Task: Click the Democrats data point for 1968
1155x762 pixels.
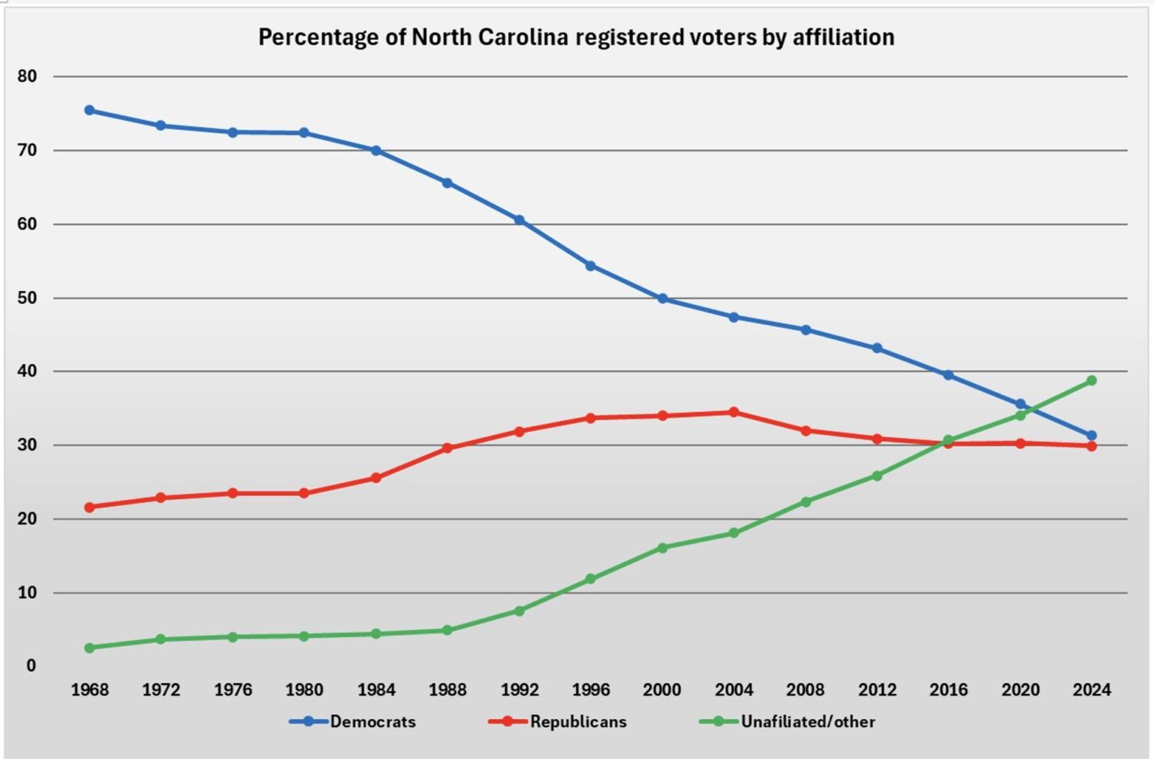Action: [x=89, y=110]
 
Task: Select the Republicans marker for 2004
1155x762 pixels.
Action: [x=734, y=412]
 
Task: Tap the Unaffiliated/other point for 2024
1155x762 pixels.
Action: [x=1092, y=380]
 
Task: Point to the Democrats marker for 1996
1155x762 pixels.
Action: [x=590, y=266]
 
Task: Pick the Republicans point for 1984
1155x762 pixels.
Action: [x=376, y=477]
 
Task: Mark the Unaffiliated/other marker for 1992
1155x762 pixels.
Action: [x=520, y=610]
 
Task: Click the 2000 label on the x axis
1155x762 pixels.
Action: [x=662, y=690]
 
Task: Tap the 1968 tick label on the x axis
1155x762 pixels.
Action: [x=89, y=690]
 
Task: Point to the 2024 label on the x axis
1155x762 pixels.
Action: [x=1092, y=690]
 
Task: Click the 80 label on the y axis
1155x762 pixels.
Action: [x=27, y=76]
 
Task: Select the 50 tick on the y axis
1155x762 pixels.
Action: [x=27, y=298]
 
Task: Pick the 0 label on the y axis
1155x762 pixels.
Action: [x=31, y=666]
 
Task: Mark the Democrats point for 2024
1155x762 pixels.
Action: [x=1092, y=435]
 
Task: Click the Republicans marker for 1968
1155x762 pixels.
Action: [x=89, y=507]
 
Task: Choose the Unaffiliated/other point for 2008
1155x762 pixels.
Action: [x=806, y=502]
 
